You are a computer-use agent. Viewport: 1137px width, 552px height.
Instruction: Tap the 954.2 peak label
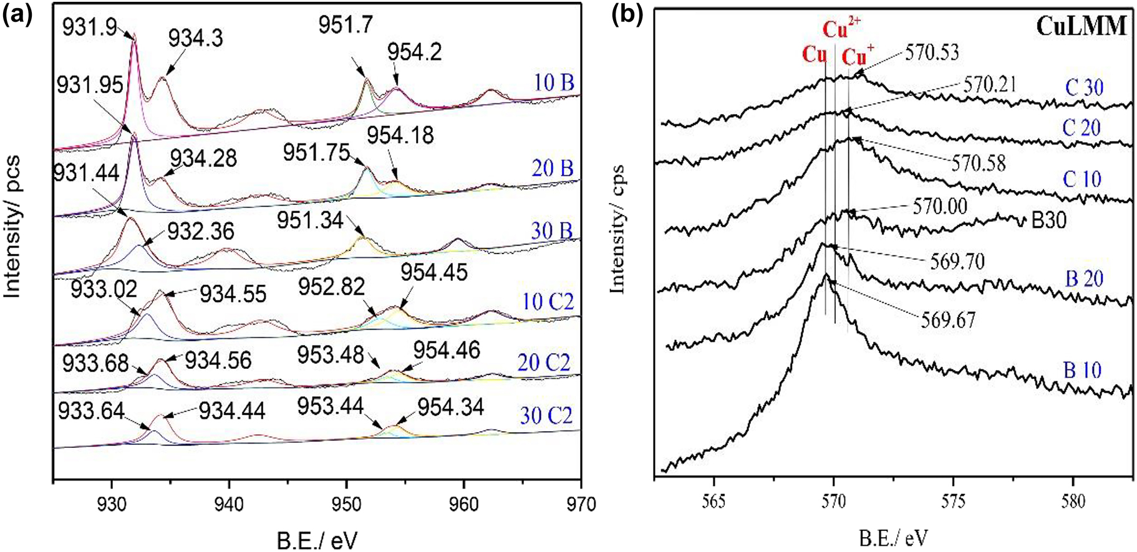click(x=415, y=52)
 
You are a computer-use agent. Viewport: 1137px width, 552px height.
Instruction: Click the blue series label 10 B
click(x=554, y=83)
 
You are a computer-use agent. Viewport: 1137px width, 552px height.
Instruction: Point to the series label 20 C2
click(x=544, y=362)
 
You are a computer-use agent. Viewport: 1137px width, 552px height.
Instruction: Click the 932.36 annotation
click(x=201, y=231)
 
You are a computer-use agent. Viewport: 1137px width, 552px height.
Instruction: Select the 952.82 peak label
click(x=331, y=287)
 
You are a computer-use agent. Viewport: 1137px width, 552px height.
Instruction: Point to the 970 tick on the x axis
click(x=580, y=504)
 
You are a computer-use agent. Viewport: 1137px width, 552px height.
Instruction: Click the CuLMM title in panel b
click(x=1081, y=26)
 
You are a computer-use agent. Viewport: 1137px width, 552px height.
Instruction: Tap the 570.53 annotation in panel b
click(x=931, y=52)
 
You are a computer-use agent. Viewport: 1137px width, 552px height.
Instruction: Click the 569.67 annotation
click(x=947, y=320)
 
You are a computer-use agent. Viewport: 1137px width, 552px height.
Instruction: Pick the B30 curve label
click(x=1049, y=221)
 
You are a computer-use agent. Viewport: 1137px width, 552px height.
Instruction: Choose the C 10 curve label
click(x=1082, y=179)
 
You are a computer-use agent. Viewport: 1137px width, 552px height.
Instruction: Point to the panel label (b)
click(x=626, y=14)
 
